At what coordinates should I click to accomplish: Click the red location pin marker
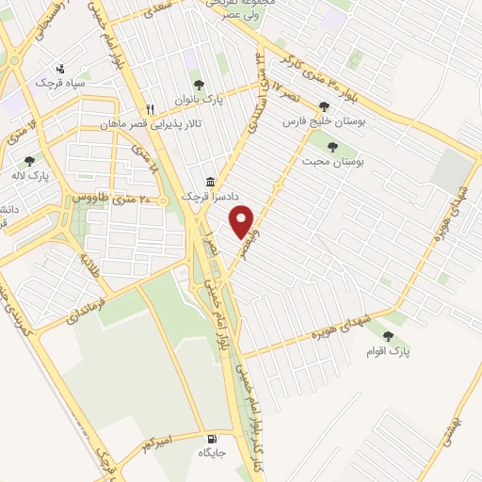(243, 221)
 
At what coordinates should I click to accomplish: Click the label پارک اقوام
(390, 351)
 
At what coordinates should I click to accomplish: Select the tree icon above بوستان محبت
(331, 145)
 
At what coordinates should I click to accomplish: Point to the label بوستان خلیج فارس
(324, 122)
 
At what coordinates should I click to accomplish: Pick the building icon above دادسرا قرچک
(212, 182)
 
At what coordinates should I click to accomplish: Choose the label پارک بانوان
(198, 97)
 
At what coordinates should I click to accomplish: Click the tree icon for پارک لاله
(29, 161)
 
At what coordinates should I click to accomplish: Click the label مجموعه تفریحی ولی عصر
(226, 9)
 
